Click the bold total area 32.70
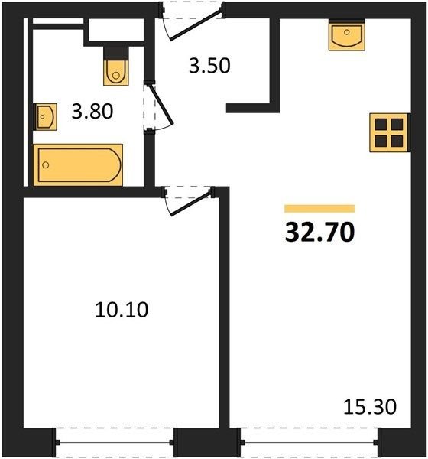[x=319, y=232]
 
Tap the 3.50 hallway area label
[x=209, y=66]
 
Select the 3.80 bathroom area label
[x=92, y=112]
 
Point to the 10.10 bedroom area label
[x=122, y=310]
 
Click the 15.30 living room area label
[x=370, y=407]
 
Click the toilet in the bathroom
[x=116, y=73]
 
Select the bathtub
[x=78, y=164]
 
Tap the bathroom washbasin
[x=45, y=117]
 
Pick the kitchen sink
[x=347, y=35]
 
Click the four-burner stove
[x=389, y=132]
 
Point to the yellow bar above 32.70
[x=319, y=208]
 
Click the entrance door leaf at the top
[x=196, y=24]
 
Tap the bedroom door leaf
[x=191, y=203]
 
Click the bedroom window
[x=115, y=442]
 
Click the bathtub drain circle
[x=46, y=165]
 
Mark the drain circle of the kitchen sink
[x=347, y=32]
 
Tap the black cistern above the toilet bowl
[x=116, y=53]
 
